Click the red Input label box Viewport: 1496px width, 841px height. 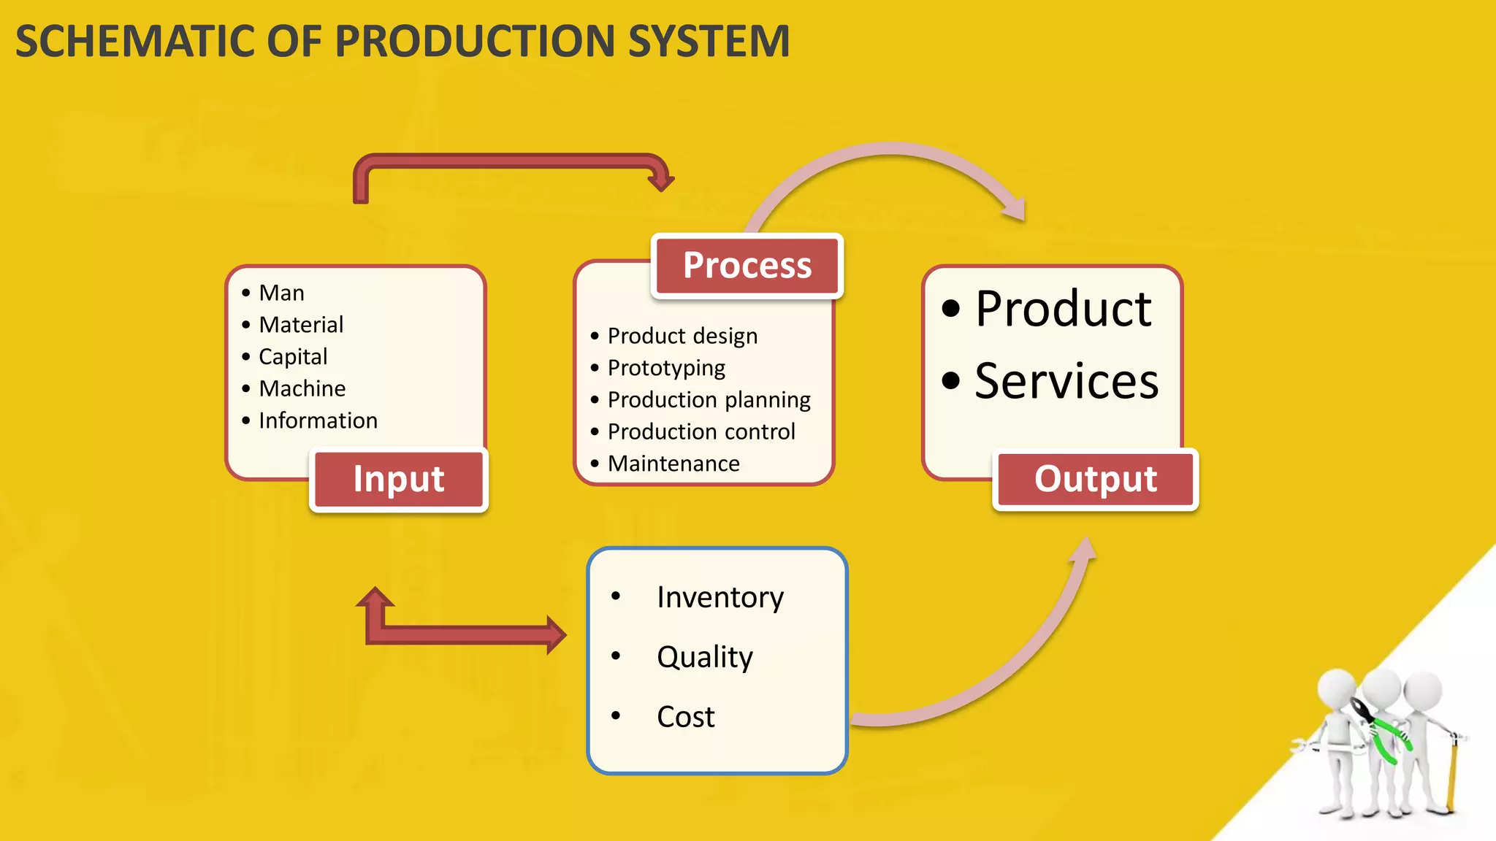point(399,480)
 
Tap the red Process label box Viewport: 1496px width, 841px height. point(747,266)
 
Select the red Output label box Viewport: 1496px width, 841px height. point(1095,480)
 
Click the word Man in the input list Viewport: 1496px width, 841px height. point(281,293)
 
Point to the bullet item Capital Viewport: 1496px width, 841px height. point(293,356)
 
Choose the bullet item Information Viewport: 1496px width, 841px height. point(318,420)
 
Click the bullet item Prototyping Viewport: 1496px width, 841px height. point(666,367)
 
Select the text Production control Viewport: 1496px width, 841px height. point(701,431)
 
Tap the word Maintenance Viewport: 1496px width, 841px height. point(673,464)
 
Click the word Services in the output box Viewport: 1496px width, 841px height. point(1066,381)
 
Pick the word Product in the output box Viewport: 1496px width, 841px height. point(1063,309)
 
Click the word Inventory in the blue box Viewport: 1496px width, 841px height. point(720,597)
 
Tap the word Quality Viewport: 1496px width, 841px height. point(705,657)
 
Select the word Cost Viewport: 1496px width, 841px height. point(685,717)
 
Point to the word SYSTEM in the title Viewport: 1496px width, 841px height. point(709,41)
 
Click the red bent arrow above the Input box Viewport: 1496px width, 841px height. point(511,161)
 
